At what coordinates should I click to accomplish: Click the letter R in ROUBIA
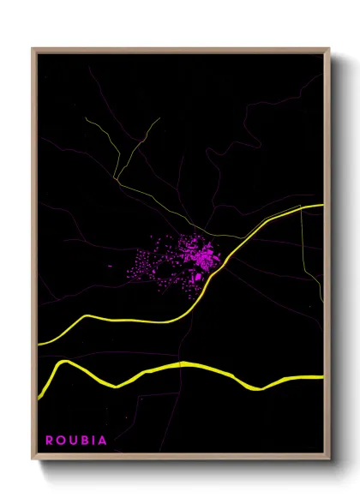[50, 441]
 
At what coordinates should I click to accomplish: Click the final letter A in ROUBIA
[104, 441]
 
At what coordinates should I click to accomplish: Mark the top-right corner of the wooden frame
[329, 49]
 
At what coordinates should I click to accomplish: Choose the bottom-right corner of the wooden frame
[329, 460]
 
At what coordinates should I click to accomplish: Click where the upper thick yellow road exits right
[322, 206]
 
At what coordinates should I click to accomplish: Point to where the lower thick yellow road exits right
[322, 376]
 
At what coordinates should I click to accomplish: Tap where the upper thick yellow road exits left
[39, 344]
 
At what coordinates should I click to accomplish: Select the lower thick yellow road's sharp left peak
[63, 363]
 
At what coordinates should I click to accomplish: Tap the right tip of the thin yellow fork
[159, 118]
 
